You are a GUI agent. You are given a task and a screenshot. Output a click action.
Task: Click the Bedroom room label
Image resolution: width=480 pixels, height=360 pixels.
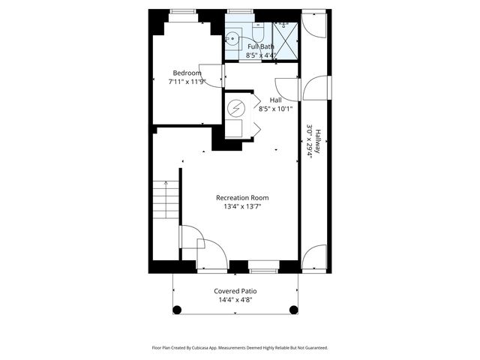click(187, 73)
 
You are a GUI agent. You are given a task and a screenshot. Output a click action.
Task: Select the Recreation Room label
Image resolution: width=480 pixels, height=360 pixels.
click(242, 197)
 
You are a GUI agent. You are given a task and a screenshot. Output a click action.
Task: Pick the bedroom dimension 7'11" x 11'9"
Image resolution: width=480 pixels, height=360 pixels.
click(187, 82)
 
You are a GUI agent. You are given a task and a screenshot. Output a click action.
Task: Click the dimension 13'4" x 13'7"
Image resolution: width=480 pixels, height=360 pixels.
click(242, 206)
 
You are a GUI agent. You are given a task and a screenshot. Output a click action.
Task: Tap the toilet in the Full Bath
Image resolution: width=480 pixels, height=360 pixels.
click(257, 33)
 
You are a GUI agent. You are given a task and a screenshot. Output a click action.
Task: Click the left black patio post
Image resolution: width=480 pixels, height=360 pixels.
click(178, 309)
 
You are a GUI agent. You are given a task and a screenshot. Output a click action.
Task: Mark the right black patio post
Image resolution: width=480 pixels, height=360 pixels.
click(292, 309)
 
